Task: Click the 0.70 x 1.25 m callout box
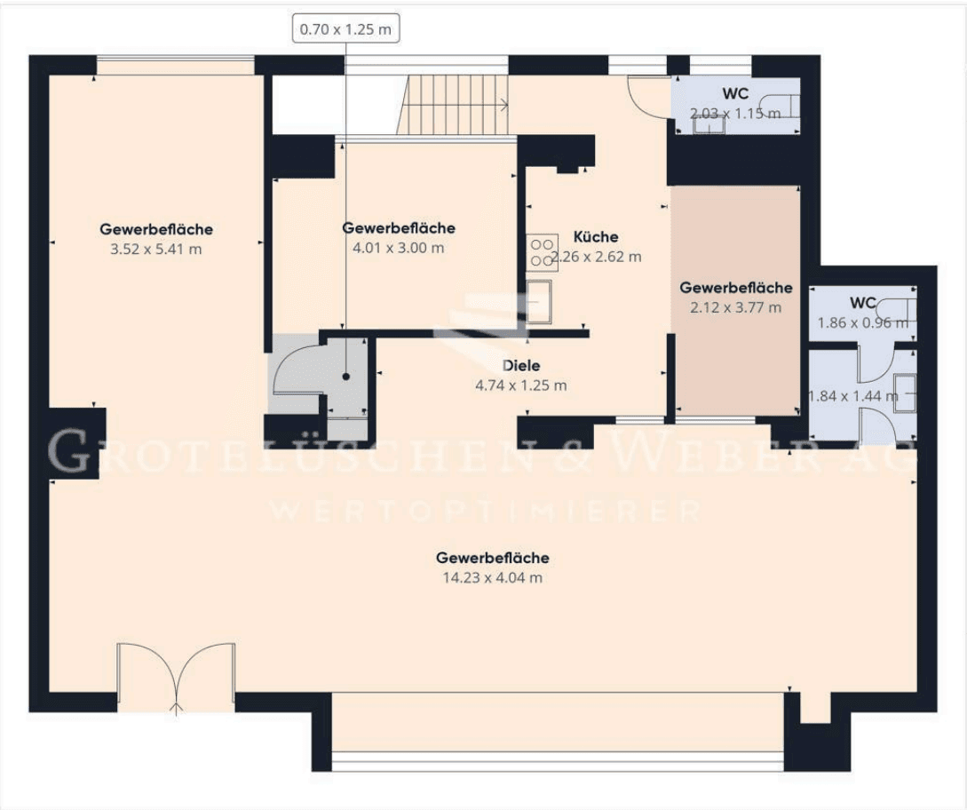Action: (x=345, y=28)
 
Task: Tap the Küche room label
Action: (x=596, y=237)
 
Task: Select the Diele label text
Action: (x=521, y=365)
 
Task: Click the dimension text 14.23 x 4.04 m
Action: (x=492, y=577)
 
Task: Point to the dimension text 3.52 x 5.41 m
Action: (x=155, y=249)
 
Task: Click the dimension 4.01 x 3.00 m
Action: (x=399, y=248)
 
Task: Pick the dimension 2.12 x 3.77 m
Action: (x=736, y=307)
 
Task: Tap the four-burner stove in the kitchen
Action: (x=542, y=251)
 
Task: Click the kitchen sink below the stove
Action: (x=538, y=300)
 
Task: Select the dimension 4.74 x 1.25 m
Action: (x=521, y=385)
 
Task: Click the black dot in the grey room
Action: (x=345, y=377)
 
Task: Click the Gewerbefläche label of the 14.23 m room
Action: (x=492, y=558)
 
